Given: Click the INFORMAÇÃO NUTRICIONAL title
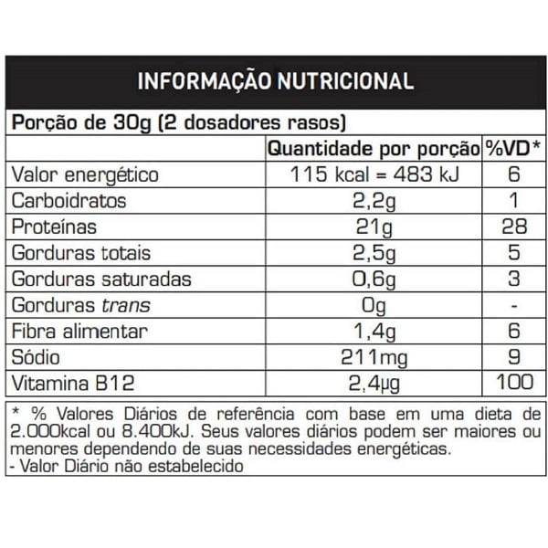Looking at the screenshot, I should (275, 80).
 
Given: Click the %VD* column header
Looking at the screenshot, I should (512, 149).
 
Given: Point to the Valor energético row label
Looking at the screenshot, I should (84, 175).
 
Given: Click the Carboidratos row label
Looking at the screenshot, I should (68, 201).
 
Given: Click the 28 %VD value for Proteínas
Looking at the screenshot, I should (512, 227).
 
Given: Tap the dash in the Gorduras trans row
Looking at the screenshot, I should (512, 305).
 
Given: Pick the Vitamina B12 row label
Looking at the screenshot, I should (69, 383).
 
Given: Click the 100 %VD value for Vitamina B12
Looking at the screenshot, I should (512, 383).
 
